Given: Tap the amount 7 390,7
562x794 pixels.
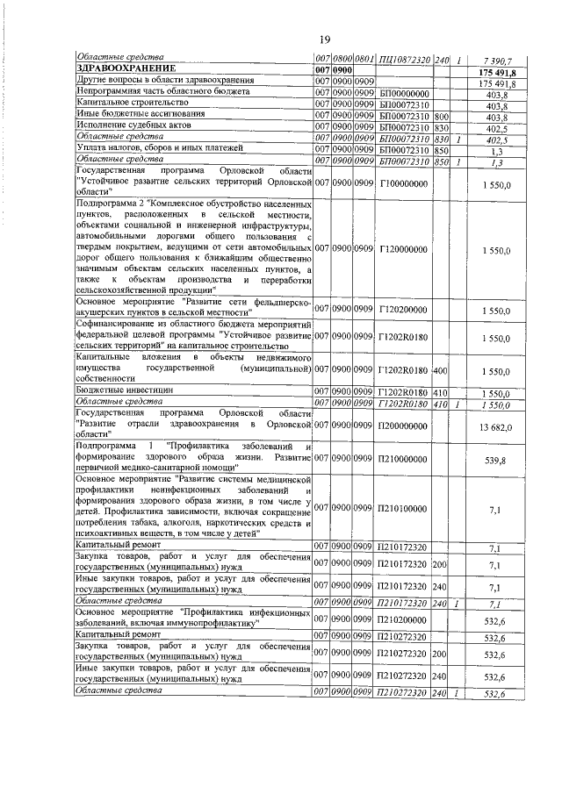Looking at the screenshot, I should (496, 59).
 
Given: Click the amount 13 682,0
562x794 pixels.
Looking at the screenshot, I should (496, 427).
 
